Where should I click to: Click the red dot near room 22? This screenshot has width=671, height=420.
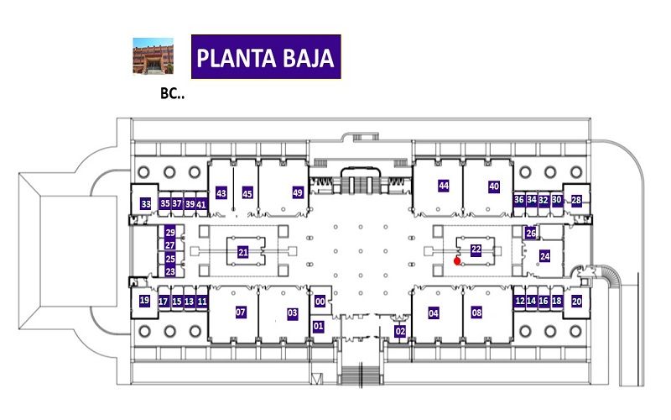pyautogui.click(x=457, y=260)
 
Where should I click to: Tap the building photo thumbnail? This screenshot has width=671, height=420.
pyautogui.click(x=153, y=56)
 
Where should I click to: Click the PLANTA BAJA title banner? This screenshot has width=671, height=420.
pyautogui.click(x=266, y=57)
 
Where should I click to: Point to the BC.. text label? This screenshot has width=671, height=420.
pyautogui.click(x=172, y=93)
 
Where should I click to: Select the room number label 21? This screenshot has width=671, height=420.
pyautogui.click(x=243, y=253)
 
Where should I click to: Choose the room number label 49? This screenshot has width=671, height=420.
pyautogui.click(x=298, y=192)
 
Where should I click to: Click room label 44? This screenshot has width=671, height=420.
pyautogui.click(x=444, y=186)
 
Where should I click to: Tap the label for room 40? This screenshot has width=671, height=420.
pyautogui.click(x=494, y=186)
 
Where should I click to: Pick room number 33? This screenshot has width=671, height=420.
pyautogui.click(x=146, y=204)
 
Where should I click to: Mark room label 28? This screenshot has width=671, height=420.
pyautogui.click(x=576, y=200)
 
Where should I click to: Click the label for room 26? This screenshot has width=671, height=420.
pyautogui.click(x=531, y=234)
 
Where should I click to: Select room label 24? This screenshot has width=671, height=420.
pyautogui.click(x=544, y=256)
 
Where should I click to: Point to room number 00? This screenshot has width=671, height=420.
pyautogui.click(x=320, y=302)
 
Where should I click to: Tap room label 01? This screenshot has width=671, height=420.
pyautogui.click(x=318, y=326)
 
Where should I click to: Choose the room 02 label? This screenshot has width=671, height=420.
pyautogui.click(x=400, y=331)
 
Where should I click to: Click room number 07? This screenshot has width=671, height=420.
pyautogui.click(x=241, y=312)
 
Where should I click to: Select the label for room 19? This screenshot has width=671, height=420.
pyautogui.click(x=144, y=301)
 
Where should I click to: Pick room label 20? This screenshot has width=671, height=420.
pyautogui.click(x=576, y=302)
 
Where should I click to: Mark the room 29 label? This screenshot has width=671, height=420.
pyautogui.click(x=170, y=233)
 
